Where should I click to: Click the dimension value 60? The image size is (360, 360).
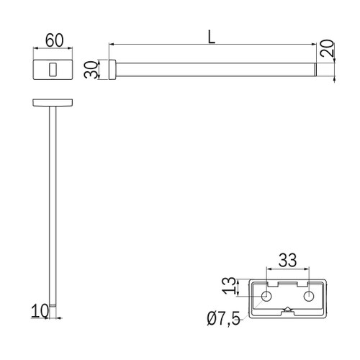pos(55,40)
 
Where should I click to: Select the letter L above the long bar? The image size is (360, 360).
pos(211,37)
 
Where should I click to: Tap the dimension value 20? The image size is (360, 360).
pos(327,48)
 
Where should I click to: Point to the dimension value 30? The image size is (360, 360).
pos(91,70)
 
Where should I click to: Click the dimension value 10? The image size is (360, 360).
pos(40,311)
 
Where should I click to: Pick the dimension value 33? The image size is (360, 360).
pos(287,260)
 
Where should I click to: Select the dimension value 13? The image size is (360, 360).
pos(229,286)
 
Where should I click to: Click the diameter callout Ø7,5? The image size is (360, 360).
pos(223,318)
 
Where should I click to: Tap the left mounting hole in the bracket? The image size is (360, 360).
pos(266,296)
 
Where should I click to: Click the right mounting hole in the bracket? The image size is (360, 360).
pos(309,296)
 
